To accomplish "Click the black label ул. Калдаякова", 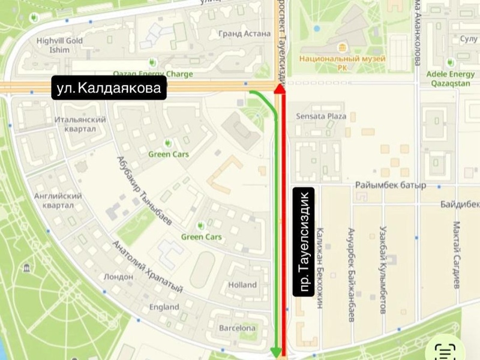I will pyautogui.click(x=109, y=89).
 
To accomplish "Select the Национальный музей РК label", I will pyautogui.click(x=343, y=62).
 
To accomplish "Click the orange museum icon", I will pyautogui.click(x=343, y=47).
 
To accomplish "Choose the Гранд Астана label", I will pyautogui.click(x=245, y=34).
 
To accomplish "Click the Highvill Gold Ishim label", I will pyautogui.click(x=59, y=45).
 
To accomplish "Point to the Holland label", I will pyautogui.click(x=242, y=285).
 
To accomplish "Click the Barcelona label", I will pyautogui.click(x=237, y=328).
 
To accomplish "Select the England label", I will pyautogui.click(x=164, y=307).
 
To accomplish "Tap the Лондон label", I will pyautogui.click(x=118, y=277).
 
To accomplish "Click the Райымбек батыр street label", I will pyautogui.click(x=390, y=185).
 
